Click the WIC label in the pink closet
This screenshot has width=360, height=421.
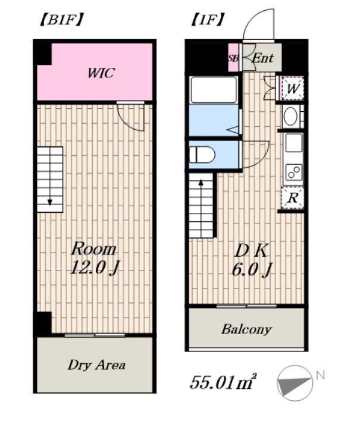click(x=101, y=73)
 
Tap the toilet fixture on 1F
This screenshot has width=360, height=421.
click(x=202, y=155)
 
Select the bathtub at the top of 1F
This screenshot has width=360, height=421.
click(x=214, y=90)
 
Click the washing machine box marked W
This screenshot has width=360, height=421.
click(x=293, y=89)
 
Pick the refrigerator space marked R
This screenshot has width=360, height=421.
click(x=293, y=198)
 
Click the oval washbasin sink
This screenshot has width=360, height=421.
click(x=291, y=117)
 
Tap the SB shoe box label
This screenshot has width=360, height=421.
click(x=233, y=58)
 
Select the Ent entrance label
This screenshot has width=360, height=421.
click(x=263, y=58)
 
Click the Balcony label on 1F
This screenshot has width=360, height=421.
click(x=246, y=329)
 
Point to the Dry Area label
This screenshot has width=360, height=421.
click(x=96, y=365)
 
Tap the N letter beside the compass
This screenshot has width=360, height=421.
click(x=320, y=375)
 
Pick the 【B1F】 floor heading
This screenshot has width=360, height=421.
click(x=61, y=20)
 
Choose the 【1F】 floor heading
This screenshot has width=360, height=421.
click(x=207, y=20)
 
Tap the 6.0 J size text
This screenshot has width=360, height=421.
click(x=252, y=269)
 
